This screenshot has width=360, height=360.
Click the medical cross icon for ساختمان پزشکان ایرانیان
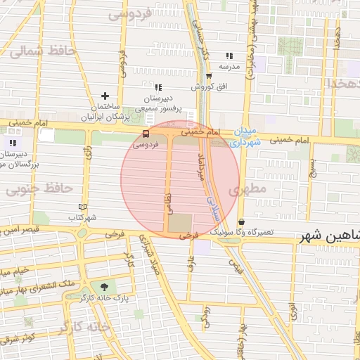point(105,96)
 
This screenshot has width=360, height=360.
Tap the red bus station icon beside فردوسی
point(146,134)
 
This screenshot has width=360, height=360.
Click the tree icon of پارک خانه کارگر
point(105,287)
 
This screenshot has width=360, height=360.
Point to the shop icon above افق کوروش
point(209,76)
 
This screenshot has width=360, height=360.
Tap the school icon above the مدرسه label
point(229,56)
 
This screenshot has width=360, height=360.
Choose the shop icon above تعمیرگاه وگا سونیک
point(241,221)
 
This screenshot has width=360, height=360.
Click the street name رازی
point(88,152)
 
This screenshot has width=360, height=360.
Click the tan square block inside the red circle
point(179,224)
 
